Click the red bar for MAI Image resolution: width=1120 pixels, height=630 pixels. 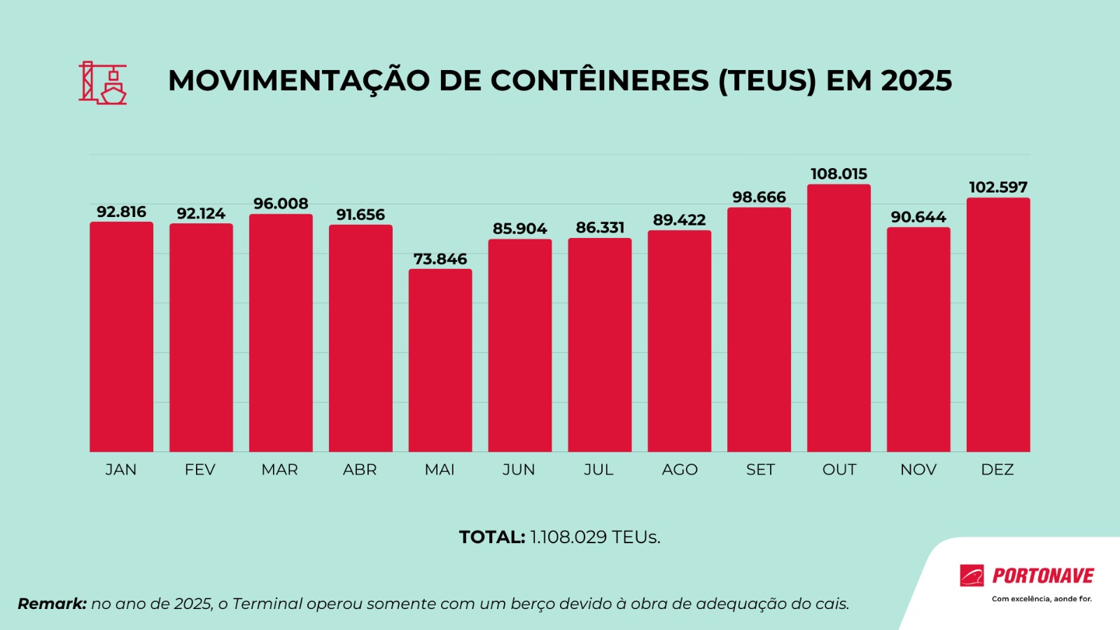pos(440,360)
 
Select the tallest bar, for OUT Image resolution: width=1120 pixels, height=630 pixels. pos(839,318)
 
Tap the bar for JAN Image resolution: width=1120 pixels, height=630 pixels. pos(121,337)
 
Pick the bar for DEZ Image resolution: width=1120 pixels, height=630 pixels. pos(998,325)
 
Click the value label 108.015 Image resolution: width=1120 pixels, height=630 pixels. pos(839,174)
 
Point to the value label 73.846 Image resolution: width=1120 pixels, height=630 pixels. pos(440,259)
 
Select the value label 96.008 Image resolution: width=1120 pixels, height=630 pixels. pos(281,204)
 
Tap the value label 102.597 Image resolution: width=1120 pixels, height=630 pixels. pos(998,188)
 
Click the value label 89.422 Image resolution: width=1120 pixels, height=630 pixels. pos(679,220)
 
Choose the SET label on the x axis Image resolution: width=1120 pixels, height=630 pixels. pos(760,470)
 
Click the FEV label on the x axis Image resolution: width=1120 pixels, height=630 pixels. pos(200,470)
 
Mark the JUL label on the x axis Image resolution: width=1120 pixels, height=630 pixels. pos(598,470)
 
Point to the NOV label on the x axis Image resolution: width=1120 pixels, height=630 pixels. pos(918,470)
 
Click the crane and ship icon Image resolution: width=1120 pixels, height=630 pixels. pos(103,83)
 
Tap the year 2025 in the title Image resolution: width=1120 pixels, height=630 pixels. pos(916,81)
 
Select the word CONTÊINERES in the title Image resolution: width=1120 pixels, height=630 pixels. pos(600,81)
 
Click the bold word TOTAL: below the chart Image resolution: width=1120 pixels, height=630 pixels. pos(491,537)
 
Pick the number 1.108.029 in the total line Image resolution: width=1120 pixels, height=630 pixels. pos(568,537)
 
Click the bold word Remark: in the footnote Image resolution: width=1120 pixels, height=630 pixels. pos(52,603)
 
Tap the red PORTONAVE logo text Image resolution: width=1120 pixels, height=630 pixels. pos(1043,576)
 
